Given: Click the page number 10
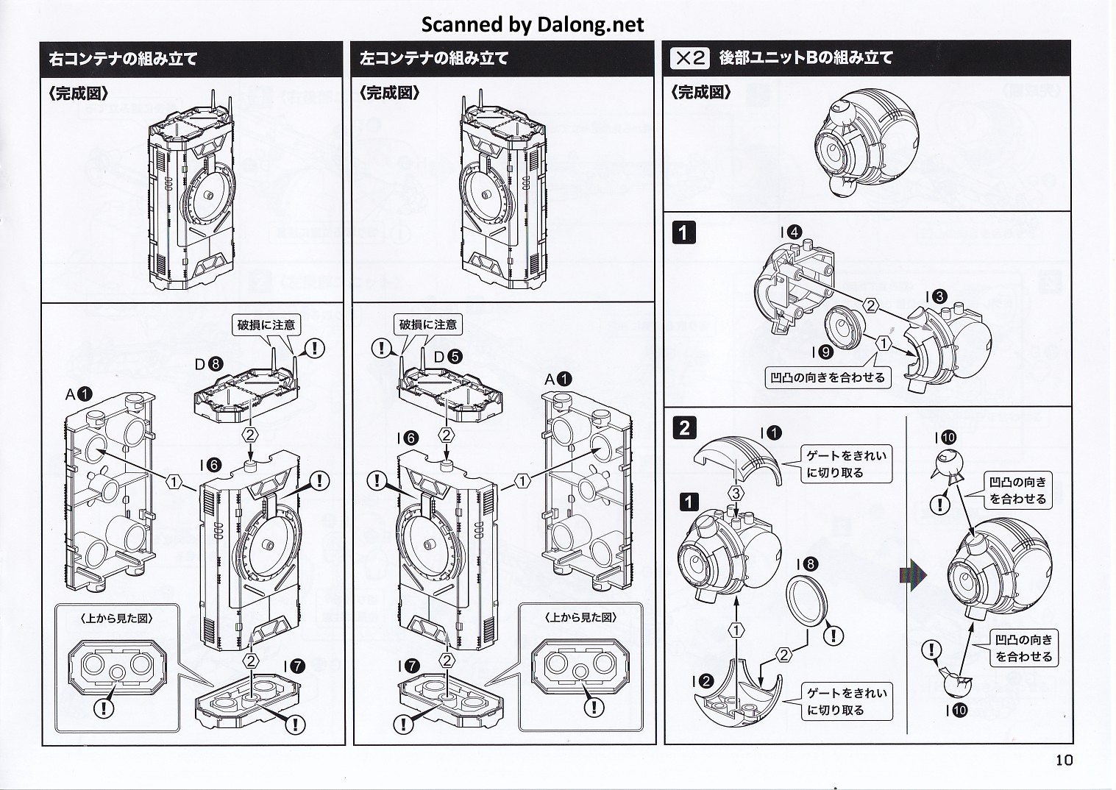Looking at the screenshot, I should click(1064, 760).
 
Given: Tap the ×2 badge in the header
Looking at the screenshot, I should click(689, 58).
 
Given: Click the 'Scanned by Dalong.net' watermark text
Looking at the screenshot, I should click(532, 24).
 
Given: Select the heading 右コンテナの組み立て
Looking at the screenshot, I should click(123, 59).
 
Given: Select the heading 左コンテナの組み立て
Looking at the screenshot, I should click(434, 59).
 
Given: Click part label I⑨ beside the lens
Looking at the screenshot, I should click(822, 352).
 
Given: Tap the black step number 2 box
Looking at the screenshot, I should click(684, 427).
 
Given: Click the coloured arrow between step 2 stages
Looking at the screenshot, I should click(912, 574).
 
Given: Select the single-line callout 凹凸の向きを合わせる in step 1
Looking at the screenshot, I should click(828, 378).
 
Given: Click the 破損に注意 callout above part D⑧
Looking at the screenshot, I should click(266, 324).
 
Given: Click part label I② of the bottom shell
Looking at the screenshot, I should click(702, 681).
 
